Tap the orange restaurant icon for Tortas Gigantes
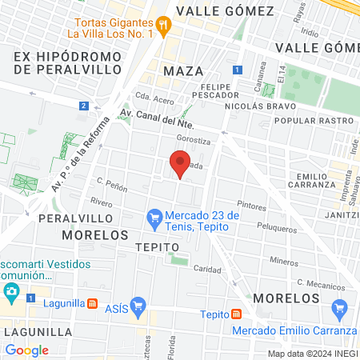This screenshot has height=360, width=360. click(x=163, y=25)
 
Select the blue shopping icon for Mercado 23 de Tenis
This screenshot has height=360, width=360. click(x=153, y=217)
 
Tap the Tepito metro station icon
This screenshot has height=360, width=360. click(x=236, y=314)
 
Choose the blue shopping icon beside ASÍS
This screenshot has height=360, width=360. click(x=138, y=305)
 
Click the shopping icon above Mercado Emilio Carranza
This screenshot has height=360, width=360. click(x=339, y=307)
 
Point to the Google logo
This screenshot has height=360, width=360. click(x=26, y=350)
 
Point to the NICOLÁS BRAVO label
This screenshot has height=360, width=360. click(x=260, y=106)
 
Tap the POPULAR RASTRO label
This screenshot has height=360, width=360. click(x=308, y=121)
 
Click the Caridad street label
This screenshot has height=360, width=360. click(x=207, y=270)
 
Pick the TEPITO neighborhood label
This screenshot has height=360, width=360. click(x=152, y=247)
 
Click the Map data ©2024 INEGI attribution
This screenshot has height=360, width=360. click(x=312, y=354)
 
